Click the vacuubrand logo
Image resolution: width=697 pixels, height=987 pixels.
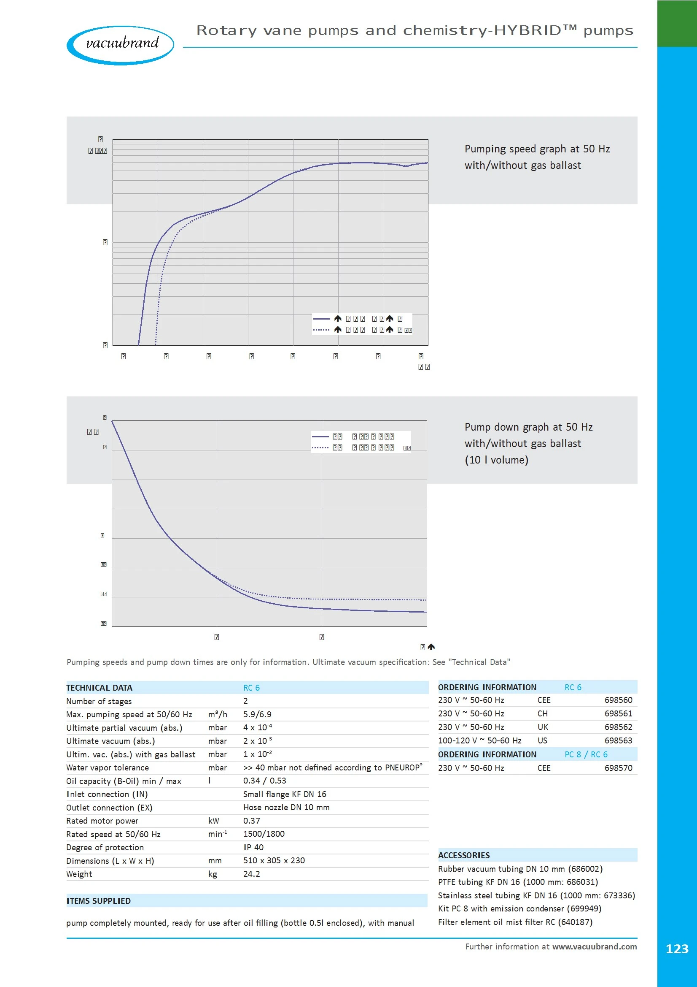point(120,45)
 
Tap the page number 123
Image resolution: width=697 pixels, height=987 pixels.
point(676,949)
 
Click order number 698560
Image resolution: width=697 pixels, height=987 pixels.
point(618,700)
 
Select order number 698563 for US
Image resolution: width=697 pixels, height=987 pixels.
point(618,740)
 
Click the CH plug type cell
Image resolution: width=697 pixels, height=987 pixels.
point(542,713)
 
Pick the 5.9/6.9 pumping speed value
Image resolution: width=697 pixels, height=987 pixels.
point(257,714)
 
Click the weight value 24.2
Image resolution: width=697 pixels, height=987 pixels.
point(252,873)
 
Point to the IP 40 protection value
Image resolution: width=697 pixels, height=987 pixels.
point(253,847)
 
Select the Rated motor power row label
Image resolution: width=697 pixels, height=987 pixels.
point(102,821)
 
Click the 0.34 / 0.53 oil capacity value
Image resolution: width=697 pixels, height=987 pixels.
point(264,780)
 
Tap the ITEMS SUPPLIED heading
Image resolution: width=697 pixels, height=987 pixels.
point(98,900)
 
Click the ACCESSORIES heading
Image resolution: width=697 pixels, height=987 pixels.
point(464,855)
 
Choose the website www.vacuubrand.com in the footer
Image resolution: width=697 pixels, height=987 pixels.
point(595,946)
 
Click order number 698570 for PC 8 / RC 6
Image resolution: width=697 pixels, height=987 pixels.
point(618,768)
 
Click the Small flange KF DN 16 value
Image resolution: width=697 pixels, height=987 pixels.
point(285,794)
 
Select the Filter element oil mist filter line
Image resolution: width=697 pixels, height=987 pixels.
point(515,922)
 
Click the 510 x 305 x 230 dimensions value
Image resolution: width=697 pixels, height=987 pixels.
point(274,860)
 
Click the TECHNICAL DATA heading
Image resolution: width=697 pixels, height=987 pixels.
point(99,687)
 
